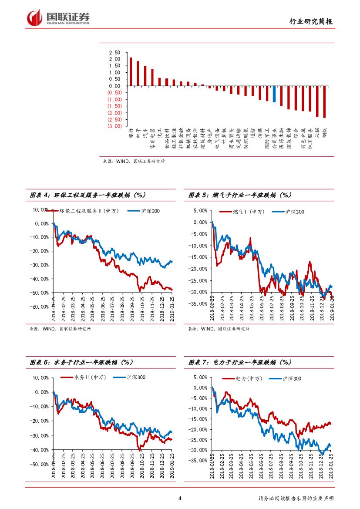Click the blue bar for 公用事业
pos(274,94)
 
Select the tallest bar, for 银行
pos(131,72)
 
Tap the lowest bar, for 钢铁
pos(324,102)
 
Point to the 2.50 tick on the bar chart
pos(114,52)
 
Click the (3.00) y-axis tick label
pos(114,126)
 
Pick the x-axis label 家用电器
pos(152,138)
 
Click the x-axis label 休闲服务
pos(310,138)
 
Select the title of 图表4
pos(87,195)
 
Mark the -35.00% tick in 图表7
pos(199,460)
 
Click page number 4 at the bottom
pos(180,499)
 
